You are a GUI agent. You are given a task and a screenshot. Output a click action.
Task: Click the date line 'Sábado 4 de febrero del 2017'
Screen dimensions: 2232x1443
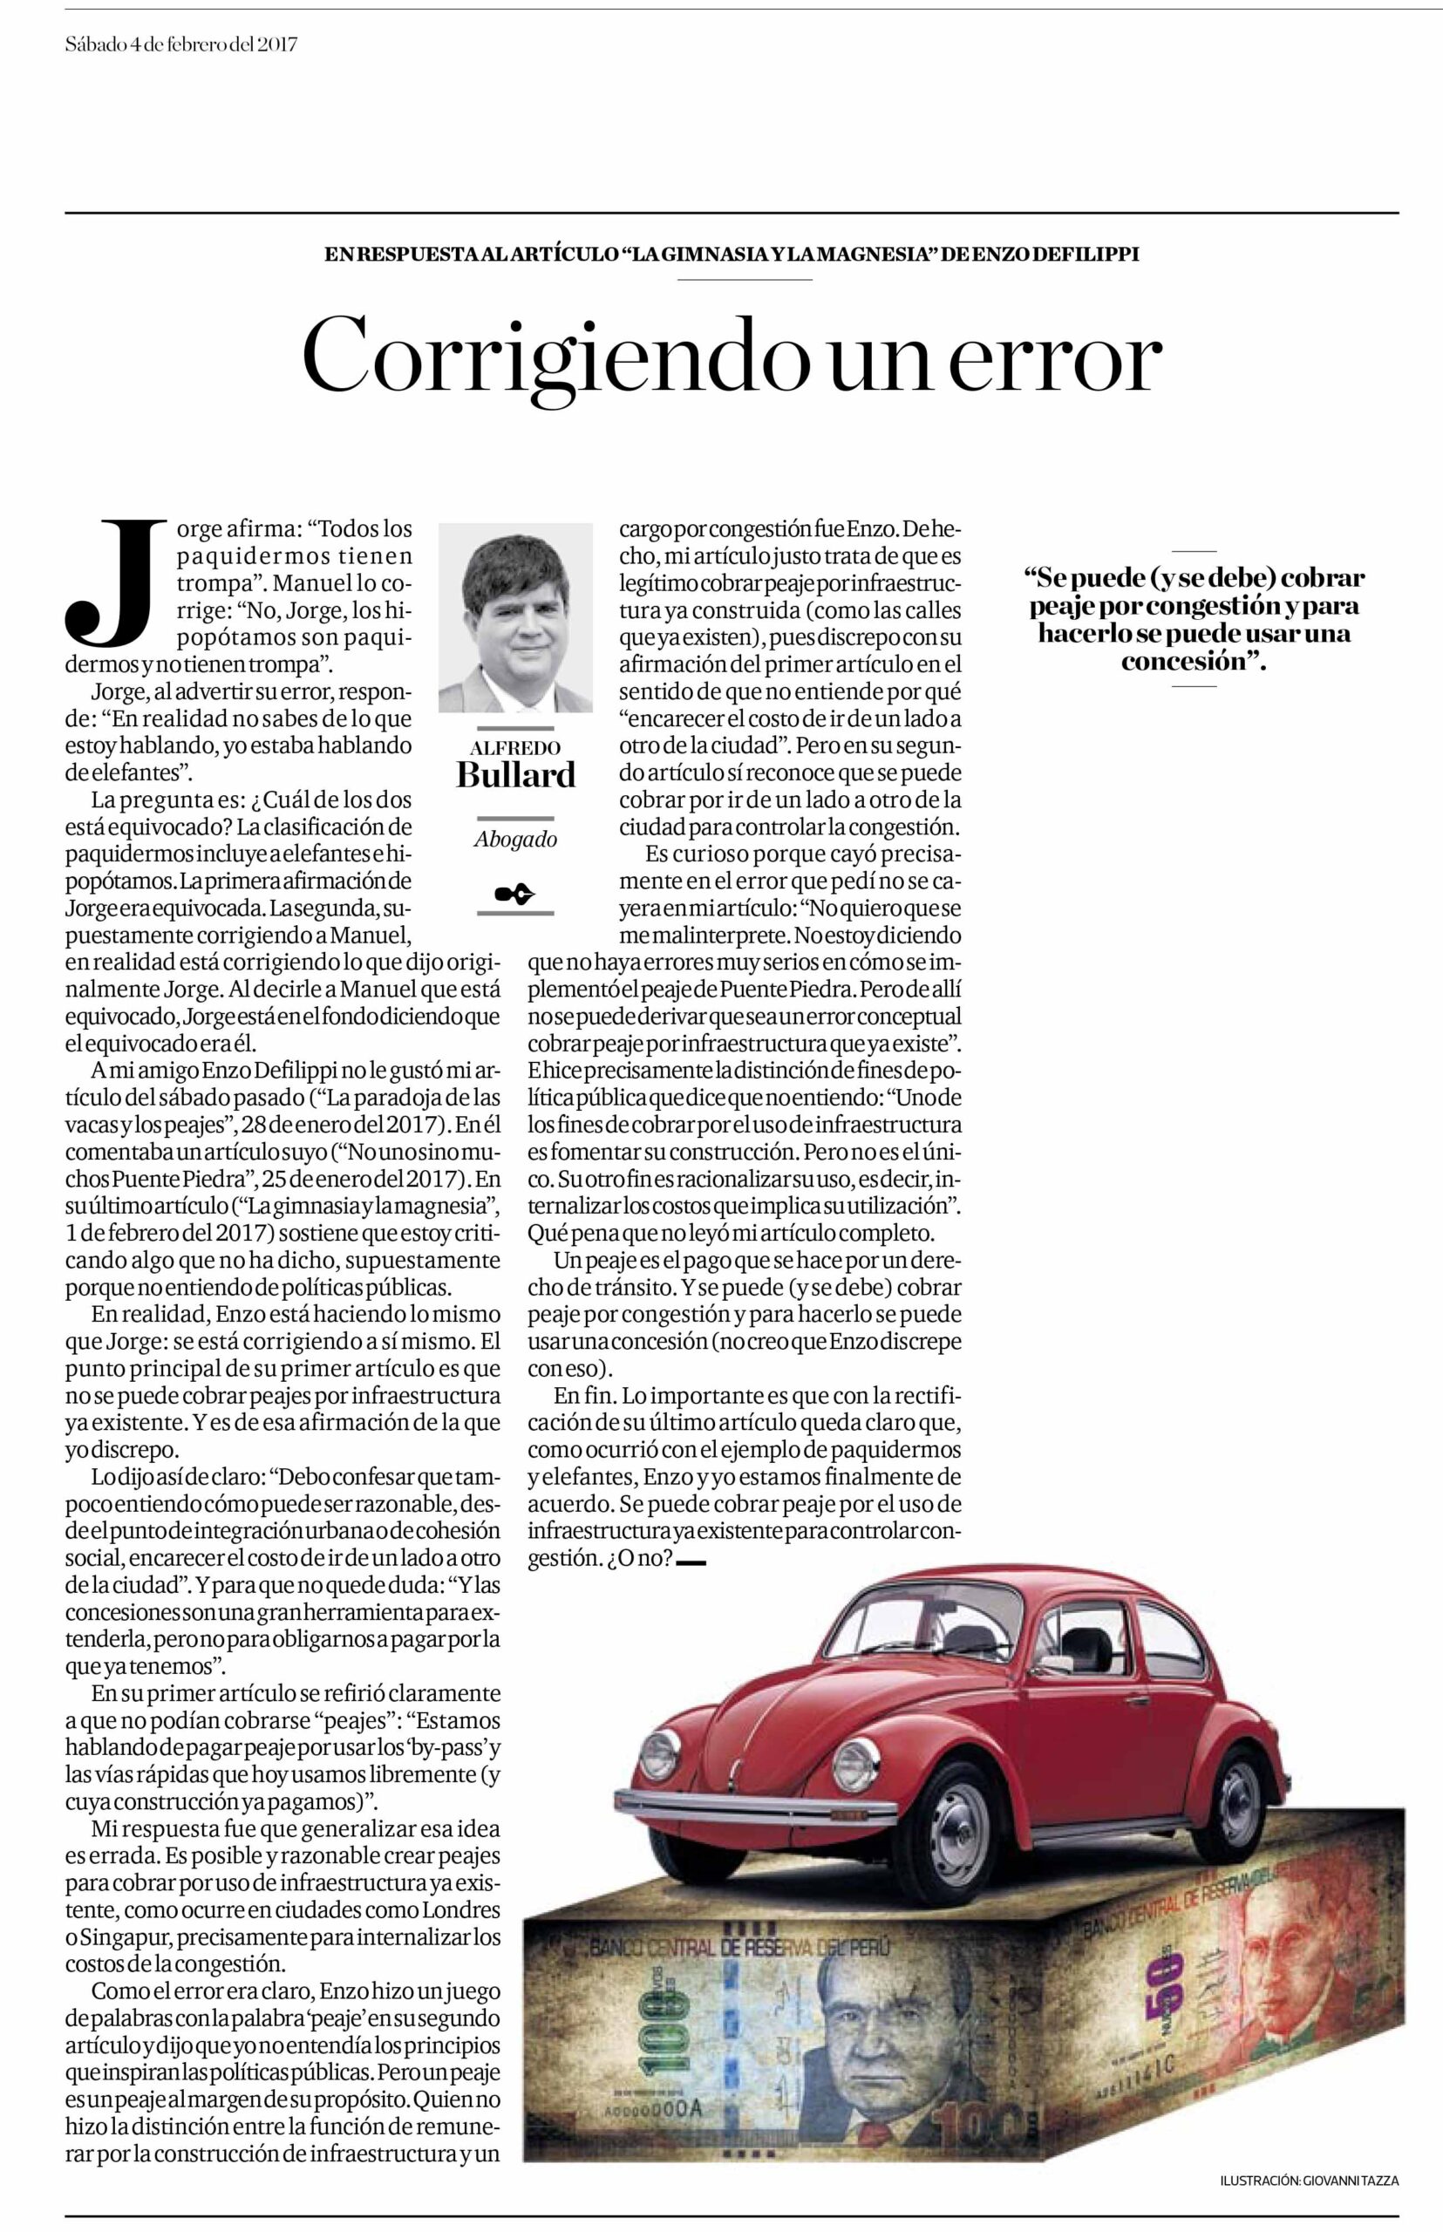click(x=181, y=44)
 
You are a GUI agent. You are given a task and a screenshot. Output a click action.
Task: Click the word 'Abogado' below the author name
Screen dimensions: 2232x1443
click(x=515, y=840)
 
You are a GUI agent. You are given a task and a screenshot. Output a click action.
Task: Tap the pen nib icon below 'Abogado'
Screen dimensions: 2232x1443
click(x=515, y=893)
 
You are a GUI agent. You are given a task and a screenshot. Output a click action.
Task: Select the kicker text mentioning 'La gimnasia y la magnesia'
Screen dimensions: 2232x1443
click(x=731, y=254)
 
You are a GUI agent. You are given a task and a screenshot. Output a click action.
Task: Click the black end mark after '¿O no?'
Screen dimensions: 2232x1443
click(x=690, y=1562)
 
